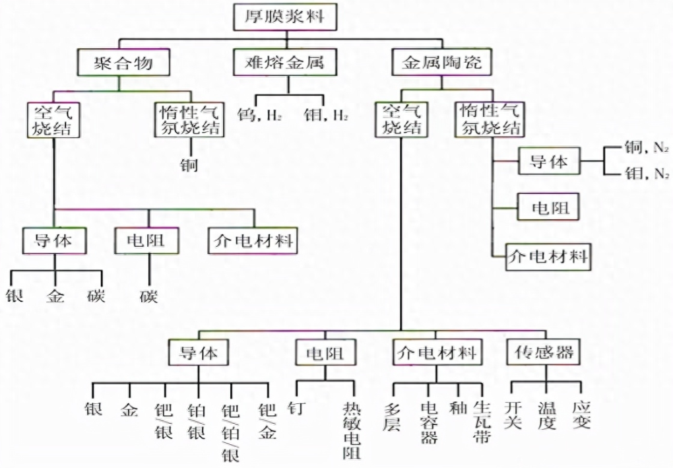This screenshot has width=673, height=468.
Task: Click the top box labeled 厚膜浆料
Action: point(286,17)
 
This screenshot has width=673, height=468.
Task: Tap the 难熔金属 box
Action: point(288,63)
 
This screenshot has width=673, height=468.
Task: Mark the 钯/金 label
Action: point(267,422)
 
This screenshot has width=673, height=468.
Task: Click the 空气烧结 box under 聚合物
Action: point(53,119)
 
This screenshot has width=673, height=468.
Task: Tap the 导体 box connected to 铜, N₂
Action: point(548,161)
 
